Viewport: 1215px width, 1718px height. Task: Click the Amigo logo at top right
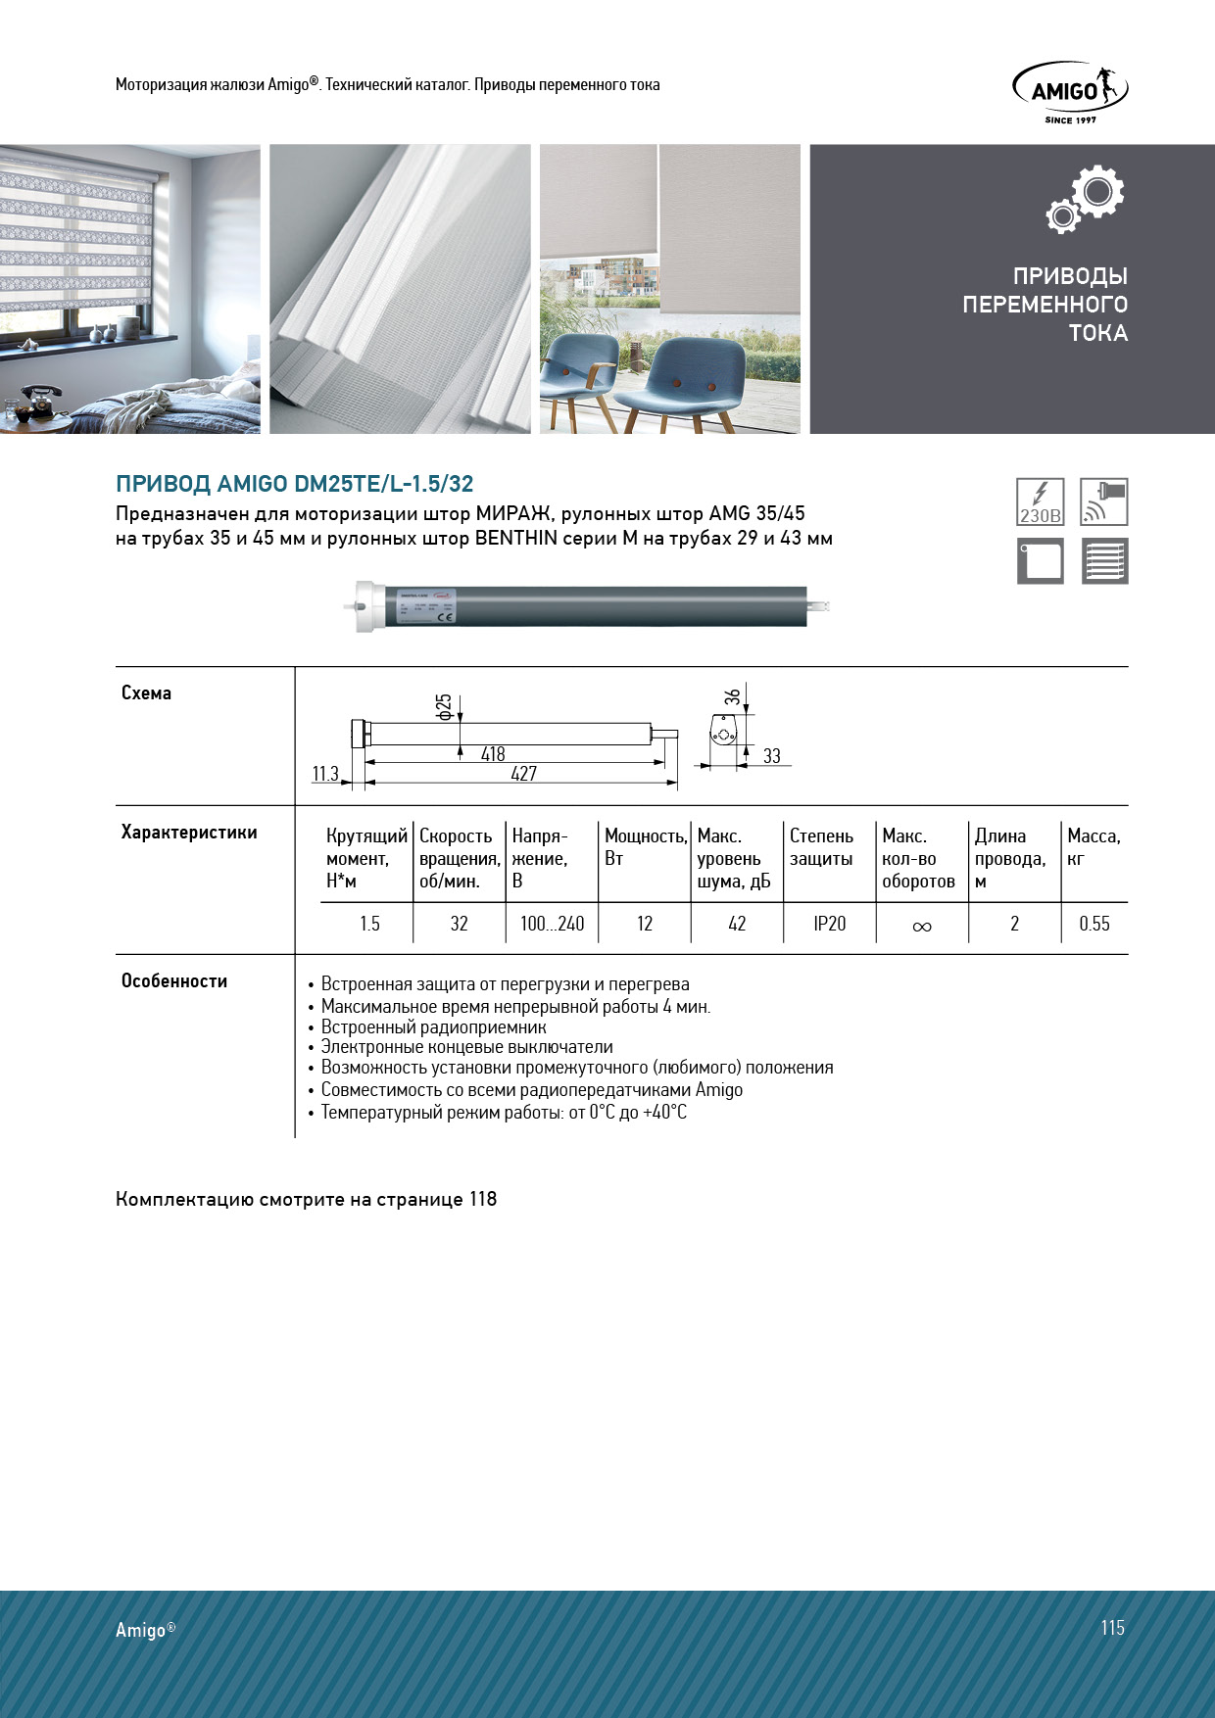[x=1070, y=91]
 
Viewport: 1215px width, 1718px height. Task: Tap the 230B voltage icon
[x=1040, y=502]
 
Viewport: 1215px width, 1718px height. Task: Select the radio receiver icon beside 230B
[x=1103, y=502]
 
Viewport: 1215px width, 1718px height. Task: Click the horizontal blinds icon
[x=1104, y=561]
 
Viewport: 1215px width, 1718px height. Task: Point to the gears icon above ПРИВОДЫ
[x=1086, y=199]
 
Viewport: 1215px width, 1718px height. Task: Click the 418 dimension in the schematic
[x=493, y=754]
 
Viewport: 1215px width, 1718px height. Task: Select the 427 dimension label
[x=523, y=774]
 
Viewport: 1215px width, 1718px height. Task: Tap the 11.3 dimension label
[x=325, y=774]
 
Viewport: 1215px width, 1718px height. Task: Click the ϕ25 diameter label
[x=444, y=707]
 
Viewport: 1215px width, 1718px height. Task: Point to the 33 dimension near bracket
[x=772, y=756]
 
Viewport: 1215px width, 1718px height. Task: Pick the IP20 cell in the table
[x=829, y=924]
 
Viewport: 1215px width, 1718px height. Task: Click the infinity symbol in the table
[x=921, y=926]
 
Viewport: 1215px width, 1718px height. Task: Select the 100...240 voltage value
[x=552, y=924]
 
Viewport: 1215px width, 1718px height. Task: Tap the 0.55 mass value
[x=1093, y=924]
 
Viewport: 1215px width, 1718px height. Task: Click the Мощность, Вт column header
[x=645, y=847]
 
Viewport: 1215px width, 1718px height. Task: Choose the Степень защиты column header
[x=821, y=847]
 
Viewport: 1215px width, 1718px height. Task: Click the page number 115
[x=1112, y=1628]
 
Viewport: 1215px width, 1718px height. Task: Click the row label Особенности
[x=174, y=981]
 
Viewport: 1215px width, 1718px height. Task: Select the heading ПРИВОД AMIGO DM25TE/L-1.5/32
[x=295, y=484]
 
